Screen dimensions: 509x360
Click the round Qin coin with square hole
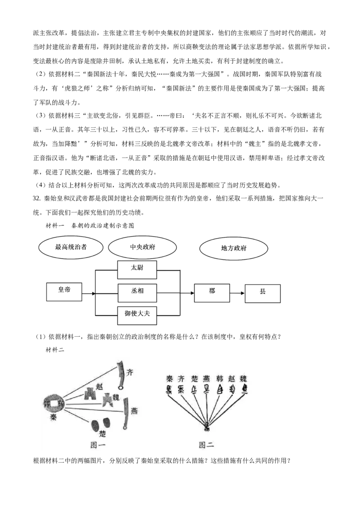pos(54,402)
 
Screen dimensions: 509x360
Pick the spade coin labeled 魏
pos(107,400)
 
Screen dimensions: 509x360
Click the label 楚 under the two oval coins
pos(102,434)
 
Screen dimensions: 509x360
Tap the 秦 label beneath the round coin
pos(53,417)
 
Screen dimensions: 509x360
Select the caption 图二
pos(206,445)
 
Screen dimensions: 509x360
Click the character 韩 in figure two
pos(219,378)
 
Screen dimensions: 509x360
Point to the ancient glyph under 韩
pos(220,389)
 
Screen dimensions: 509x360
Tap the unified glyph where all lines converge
pos(207,425)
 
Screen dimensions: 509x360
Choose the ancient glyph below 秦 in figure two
pos(170,389)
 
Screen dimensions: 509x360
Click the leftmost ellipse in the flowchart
pos(70,246)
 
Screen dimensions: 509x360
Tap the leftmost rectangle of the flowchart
pos(63,291)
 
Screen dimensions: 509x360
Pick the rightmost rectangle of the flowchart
pos(264,294)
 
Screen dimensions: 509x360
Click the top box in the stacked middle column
pos(137,270)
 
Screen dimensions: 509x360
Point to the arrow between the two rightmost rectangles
pos(237,293)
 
